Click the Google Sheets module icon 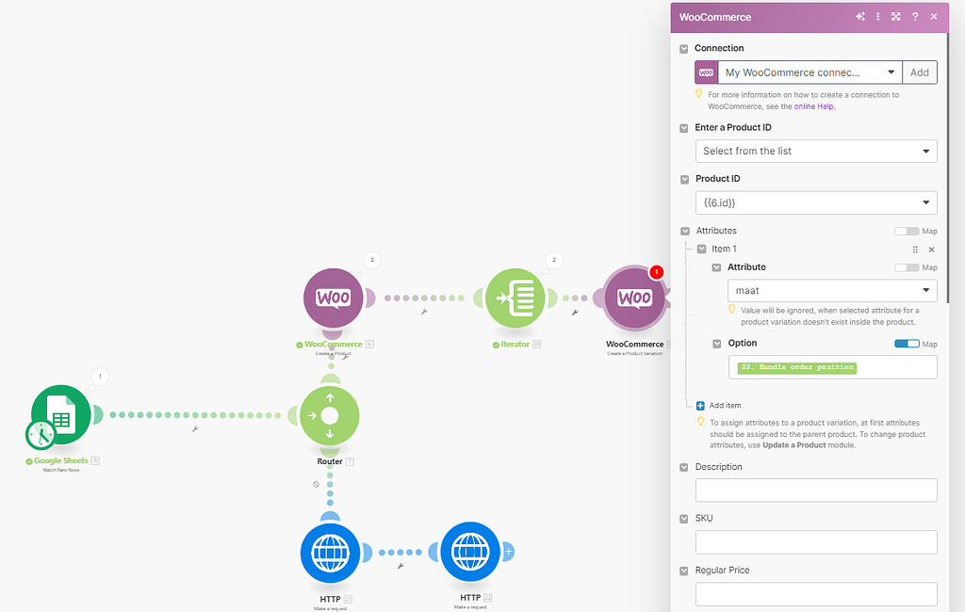[x=60, y=414]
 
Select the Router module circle [x=329, y=415]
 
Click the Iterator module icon [x=515, y=298]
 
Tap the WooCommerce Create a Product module [x=333, y=298]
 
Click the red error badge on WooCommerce [x=657, y=272]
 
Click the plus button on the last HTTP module [x=509, y=551]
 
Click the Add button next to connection [x=919, y=72]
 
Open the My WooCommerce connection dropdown [x=809, y=72]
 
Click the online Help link [x=814, y=106]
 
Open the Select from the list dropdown [x=816, y=151]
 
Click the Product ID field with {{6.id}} [x=816, y=202]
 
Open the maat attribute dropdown [x=832, y=291]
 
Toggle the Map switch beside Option [x=907, y=344]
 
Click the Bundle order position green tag [x=797, y=367]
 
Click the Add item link [x=725, y=406]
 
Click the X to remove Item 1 [x=931, y=250]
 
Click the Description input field [x=816, y=490]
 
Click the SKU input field [x=816, y=541]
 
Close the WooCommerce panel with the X [x=934, y=17]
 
